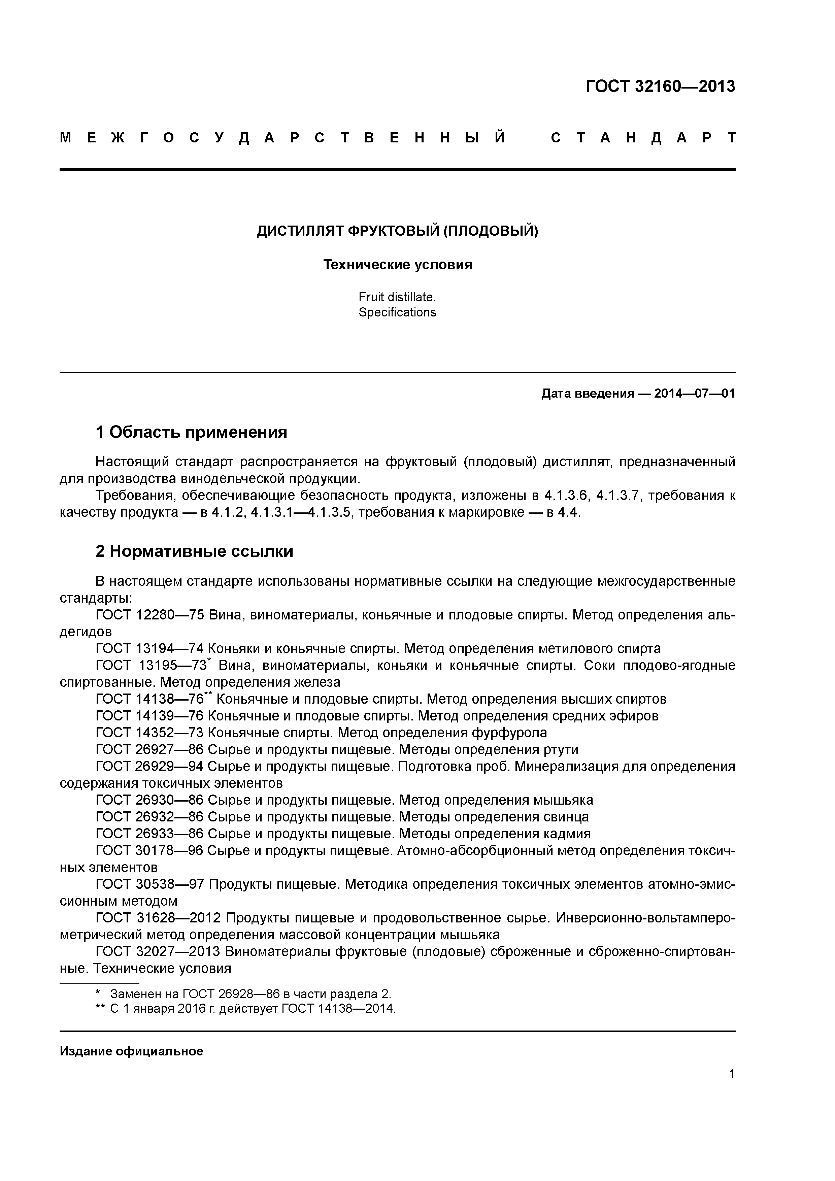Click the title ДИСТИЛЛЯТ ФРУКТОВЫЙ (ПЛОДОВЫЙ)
point(397,232)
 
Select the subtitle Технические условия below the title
point(397,265)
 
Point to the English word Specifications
point(397,312)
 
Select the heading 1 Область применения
point(191,432)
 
